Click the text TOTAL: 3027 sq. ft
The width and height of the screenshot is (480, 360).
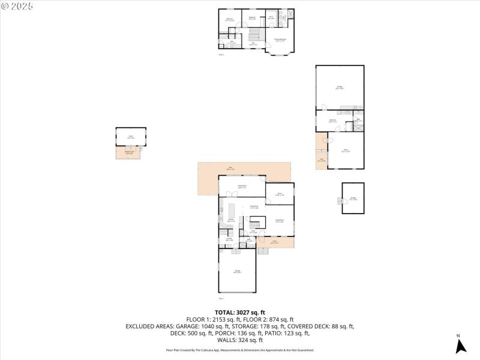coord(240,312)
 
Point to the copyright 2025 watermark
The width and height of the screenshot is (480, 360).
coord(17,5)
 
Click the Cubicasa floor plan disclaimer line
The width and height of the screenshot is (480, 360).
coord(240,350)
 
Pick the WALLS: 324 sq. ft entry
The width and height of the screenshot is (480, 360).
coord(240,340)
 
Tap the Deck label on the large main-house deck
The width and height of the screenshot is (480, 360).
coord(230,169)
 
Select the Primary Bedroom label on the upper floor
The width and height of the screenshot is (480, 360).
coord(280,40)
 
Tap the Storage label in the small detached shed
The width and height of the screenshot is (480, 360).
coord(353,198)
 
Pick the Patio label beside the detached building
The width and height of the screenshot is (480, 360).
coord(321,160)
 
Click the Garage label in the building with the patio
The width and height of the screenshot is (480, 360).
coord(339,88)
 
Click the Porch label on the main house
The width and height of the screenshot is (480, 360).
coord(274,242)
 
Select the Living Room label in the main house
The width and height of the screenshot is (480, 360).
coord(279,221)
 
